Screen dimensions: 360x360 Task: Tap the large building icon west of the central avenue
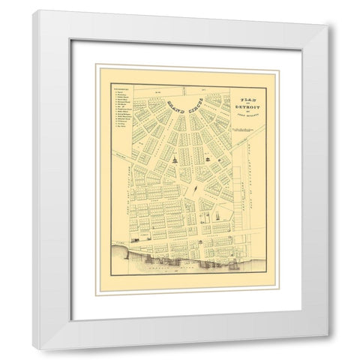172,161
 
